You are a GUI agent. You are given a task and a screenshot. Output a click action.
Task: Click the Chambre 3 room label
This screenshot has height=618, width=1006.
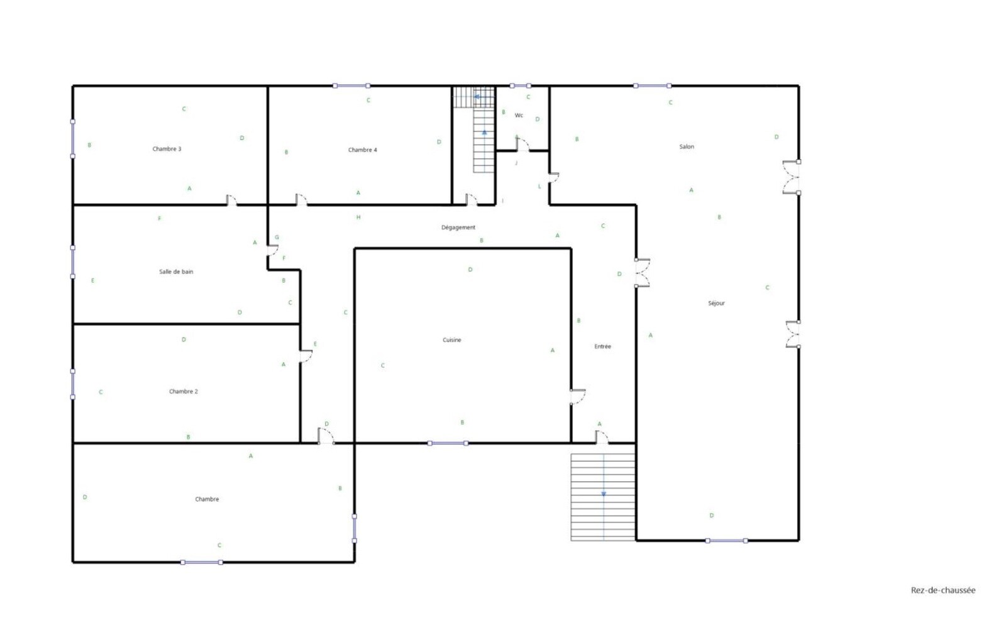click(x=167, y=149)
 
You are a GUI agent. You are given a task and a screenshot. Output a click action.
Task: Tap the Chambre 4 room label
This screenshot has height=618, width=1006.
click(x=362, y=150)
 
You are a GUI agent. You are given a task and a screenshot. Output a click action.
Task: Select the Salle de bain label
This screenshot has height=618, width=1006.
click(x=176, y=272)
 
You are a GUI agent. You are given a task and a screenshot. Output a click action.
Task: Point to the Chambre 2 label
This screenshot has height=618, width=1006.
click(x=183, y=392)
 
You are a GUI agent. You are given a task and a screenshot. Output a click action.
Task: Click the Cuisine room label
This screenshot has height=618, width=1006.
click(x=452, y=340)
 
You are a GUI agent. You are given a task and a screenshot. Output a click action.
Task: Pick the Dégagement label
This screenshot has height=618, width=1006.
click(x=458, y=228)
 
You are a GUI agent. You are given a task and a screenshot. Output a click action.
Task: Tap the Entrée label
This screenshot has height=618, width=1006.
click(x=603, y=347)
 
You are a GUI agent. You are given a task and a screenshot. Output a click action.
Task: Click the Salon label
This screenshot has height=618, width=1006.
click(x=687, y=147)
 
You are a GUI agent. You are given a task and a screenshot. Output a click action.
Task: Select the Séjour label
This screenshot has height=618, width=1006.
click(x=716, y=304)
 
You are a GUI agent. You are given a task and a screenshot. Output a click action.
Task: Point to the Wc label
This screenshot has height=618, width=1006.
click(x=519, y=116)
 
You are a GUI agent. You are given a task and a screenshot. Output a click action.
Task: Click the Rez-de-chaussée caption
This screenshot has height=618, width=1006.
click(x=943, y=590)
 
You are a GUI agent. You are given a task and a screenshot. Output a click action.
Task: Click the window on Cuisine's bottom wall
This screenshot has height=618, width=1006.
click(x=448, y=443)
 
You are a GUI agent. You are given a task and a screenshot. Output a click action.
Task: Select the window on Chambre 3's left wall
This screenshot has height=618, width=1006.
click(x=73, y=139)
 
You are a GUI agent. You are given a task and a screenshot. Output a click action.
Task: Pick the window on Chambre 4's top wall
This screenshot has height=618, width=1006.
click(x=351, y=86)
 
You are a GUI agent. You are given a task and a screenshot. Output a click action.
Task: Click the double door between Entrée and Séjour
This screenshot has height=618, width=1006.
click(x=642, y=273)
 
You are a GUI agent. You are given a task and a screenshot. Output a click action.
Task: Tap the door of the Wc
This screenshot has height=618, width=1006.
click(x=522, y=145)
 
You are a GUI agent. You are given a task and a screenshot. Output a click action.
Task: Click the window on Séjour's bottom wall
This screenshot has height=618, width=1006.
click(x=726, y=541)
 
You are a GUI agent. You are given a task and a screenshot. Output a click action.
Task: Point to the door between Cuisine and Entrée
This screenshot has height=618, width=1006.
click(x=578, y=397)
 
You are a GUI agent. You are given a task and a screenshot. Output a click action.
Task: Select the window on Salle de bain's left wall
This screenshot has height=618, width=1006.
click(x=73, y=262)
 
